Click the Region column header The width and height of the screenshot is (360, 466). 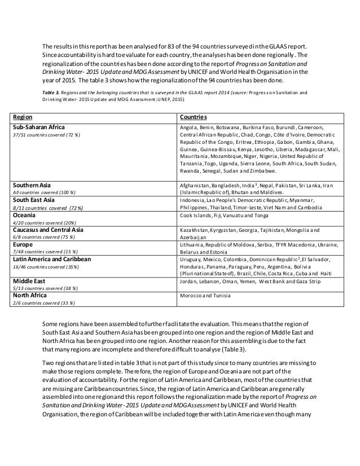pos(23,117)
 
